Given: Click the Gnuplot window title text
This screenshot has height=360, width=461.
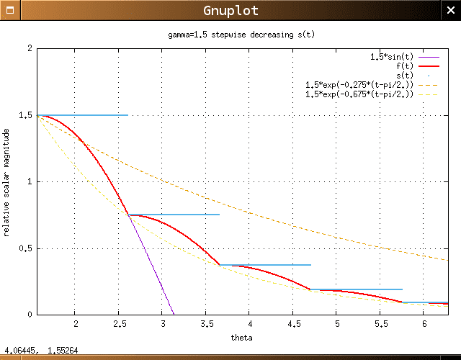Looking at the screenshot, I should [230, 11].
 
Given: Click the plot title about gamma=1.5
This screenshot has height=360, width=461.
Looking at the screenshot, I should [237, 34].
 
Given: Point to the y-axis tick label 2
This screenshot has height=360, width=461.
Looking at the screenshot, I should [30, 48].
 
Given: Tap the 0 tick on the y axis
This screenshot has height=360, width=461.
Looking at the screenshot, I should [30, 315].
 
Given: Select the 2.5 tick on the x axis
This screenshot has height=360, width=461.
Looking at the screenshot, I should [118, 325].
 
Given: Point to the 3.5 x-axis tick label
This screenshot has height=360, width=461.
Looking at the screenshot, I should [205, 325].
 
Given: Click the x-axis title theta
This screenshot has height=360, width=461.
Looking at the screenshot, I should [241, 338].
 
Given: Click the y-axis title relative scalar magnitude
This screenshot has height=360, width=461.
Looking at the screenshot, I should [7, 181].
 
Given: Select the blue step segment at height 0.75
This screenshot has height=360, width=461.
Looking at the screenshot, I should [187, 215].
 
